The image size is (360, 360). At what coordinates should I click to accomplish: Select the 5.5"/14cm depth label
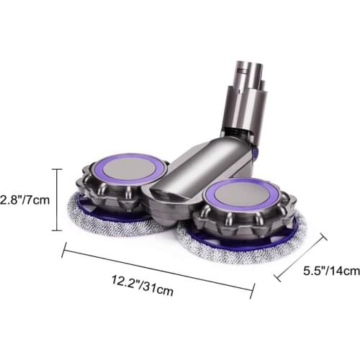point(330,271)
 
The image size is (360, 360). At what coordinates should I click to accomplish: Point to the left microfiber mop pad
point(94,219)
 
